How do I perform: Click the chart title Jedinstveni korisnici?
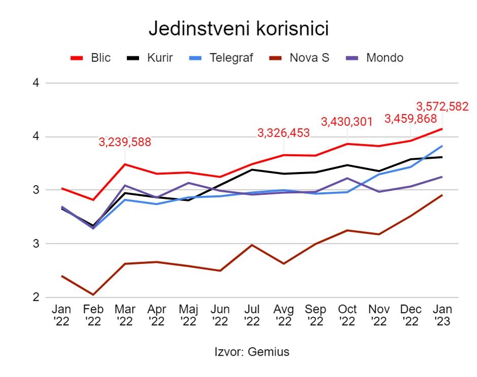point(238,29)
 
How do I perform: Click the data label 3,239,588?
point(125,142)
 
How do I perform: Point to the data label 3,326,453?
point(284,133)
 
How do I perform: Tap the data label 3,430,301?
point(347,122)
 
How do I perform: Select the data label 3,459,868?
point(411,119)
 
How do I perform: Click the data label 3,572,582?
point(442,107)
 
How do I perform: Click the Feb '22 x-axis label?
point(93,315)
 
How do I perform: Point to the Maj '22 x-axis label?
point(188,315)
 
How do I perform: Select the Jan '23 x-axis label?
point(442,315)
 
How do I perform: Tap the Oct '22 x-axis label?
point(347,315)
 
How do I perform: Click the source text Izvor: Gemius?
point(252,352)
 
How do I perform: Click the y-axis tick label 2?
point(36,297)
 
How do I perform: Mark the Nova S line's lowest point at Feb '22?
point(93,295)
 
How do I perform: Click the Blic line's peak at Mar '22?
point(125,164)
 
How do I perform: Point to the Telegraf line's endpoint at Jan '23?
point(442,146)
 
